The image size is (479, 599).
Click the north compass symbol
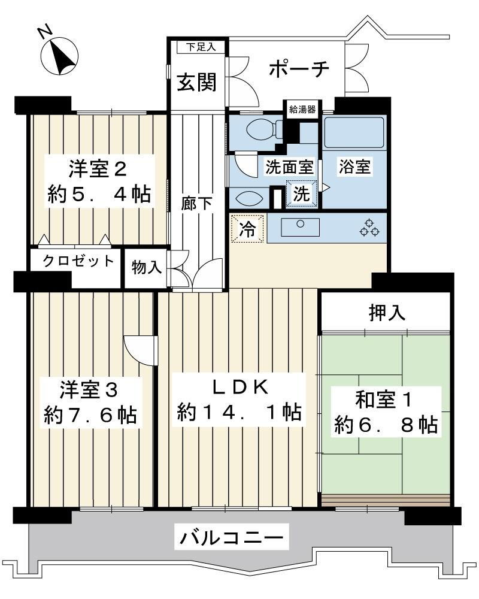(x=60, y=56)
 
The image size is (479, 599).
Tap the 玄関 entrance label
(x=197, y=81)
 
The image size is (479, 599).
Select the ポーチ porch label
(x=299, y=69)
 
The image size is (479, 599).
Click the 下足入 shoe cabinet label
(x=201, y=47)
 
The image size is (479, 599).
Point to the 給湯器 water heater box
(x=302, y=110)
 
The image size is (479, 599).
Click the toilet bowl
(x=260, y=130)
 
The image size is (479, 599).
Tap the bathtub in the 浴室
(x=354, y=132)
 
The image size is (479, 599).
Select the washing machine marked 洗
(x=301, y=193)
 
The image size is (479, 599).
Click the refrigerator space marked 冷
(x=247, y=229)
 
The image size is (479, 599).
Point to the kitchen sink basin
(x=300, y=227)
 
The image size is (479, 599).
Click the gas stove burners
(x=369, y=228)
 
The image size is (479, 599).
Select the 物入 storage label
(x=146, y=267)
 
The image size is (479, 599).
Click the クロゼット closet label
(x=78, y=261)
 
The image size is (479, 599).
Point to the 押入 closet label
(x=387, y=313)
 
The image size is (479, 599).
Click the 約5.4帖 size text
(x=99, y=194)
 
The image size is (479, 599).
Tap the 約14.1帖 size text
(x=239, y=412)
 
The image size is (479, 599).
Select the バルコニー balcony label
(x=232, y=538)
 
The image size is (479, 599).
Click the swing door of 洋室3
(x=141, y=350)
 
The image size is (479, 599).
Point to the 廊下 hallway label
(x=196, y=203)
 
